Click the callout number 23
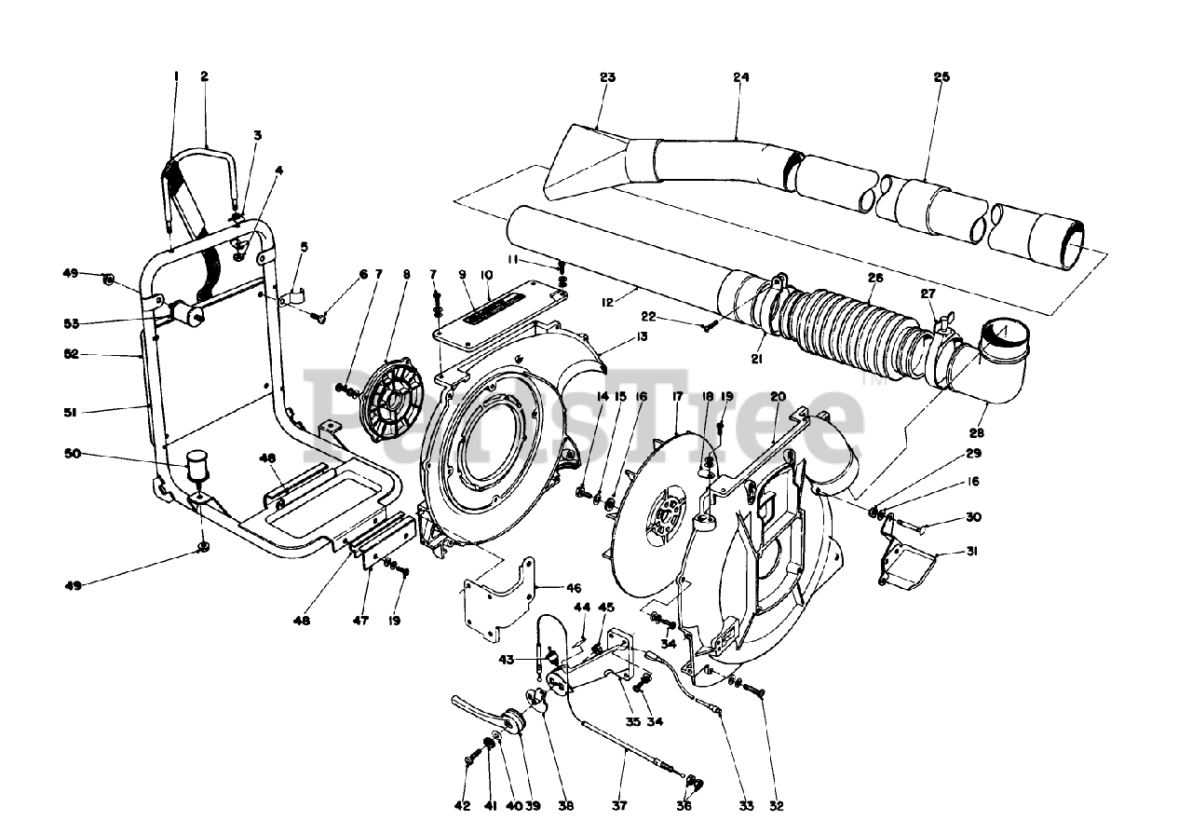click(x=607, y=78)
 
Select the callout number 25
click(x=941, y=78)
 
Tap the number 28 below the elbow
click(x=976, y=433)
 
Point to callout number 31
click(x=972, y=551)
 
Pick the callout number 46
click(x=573, y=588)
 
